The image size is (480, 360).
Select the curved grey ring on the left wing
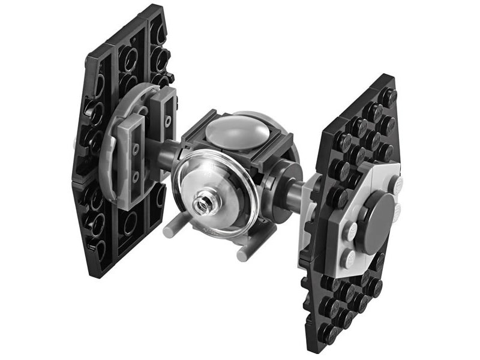[111, 150]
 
